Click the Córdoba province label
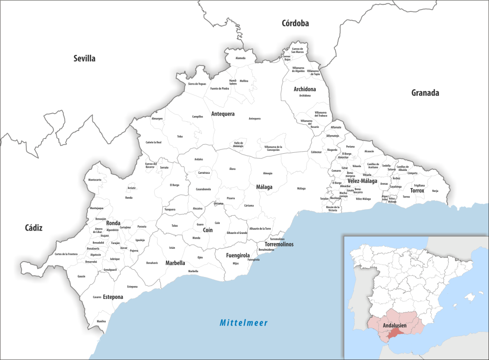point(295,23)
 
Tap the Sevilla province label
point(85,59)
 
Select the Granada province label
point(425,93)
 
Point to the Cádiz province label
point(34,228)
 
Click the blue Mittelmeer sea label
point(244,323)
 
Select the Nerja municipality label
point(435,191)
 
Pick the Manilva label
point(101,321)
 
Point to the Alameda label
point(240,58)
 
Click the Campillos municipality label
point(197,116)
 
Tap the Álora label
point(232,169)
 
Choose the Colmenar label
point(316,152)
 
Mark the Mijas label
point(235,263)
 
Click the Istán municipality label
point(172,248)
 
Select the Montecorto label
point(95,180)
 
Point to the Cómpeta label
point(413,173)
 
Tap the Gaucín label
point(81,276)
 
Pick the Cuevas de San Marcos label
point(300,50)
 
